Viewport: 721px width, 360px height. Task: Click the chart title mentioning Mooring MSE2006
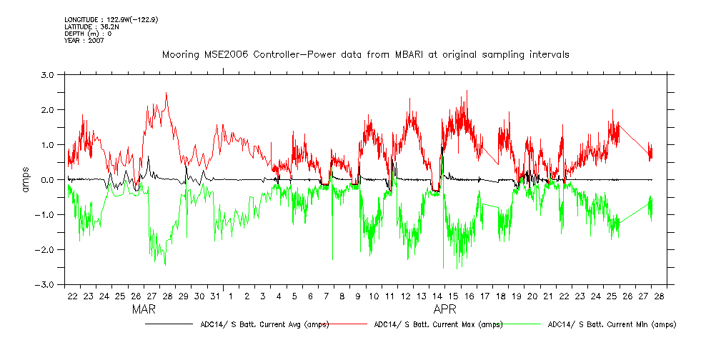click(365, 55)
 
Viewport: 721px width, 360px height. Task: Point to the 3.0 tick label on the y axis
click(48, 74)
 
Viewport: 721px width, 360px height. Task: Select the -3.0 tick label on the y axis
click(46, 284)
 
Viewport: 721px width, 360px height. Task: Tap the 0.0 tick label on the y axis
click(48, 179)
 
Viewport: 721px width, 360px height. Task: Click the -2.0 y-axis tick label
click(46, 249)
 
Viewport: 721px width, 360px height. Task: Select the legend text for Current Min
click(611, 324)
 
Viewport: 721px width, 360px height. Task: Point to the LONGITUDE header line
click(111, 19)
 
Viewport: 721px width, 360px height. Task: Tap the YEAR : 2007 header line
click(84, 41)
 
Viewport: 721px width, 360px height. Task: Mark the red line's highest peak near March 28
click(166, 93)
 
